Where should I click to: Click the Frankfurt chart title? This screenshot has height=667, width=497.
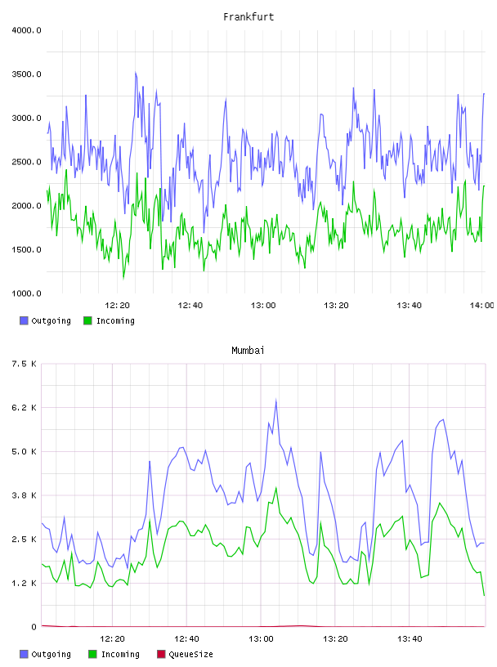tap(248, 17)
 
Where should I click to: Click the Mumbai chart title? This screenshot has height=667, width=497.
tap(248, 351)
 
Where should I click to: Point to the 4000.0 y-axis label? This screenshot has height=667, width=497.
tap(26, 30)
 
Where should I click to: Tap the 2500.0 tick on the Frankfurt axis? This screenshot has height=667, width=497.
tap(26, 162)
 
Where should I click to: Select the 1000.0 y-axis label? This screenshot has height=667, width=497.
tap(26, 293)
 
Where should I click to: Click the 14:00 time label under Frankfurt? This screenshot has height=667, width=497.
tap(481, 306)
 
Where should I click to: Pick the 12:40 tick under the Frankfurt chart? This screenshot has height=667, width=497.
tap(190, 306)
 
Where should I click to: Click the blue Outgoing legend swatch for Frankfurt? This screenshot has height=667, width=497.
tap(24, 320)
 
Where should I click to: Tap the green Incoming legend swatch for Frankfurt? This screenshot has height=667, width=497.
tap(87, 320)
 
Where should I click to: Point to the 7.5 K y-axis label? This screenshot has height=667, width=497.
tap(25, 364)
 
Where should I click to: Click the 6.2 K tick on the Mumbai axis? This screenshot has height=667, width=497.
tap(25, 408)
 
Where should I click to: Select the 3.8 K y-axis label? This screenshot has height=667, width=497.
tap(25, 495)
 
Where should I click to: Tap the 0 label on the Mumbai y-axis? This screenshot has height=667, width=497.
tap(34, 627)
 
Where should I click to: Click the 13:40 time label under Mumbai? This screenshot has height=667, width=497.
tap(410, 639)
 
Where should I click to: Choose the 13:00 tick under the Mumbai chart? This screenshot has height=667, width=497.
tap(261, 639)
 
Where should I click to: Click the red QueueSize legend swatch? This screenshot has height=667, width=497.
tap(161, 654)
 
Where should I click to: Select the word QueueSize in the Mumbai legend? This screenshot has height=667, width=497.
tap(190, 654)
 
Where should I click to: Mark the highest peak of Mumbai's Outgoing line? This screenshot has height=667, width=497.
tap(275, 400)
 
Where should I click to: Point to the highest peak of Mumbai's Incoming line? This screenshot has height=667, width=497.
tap(275, 488)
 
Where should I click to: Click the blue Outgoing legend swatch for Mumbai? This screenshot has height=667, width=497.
tap(24, 654)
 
